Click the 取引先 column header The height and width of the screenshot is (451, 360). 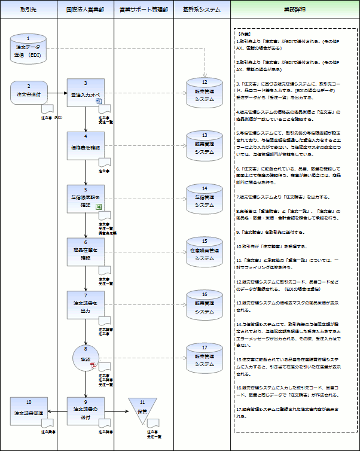[x=28, y=10]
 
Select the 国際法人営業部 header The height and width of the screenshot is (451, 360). [x=86, y=10]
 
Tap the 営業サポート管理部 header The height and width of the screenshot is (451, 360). [x=144, y=10]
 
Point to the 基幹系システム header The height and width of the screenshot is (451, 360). [x=201, y=10]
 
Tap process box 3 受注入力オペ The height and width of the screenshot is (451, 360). [x=86, y=93]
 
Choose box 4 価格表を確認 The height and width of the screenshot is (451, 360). [x=86, y=145]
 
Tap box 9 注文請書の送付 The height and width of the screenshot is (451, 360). [x=86, y=411]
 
